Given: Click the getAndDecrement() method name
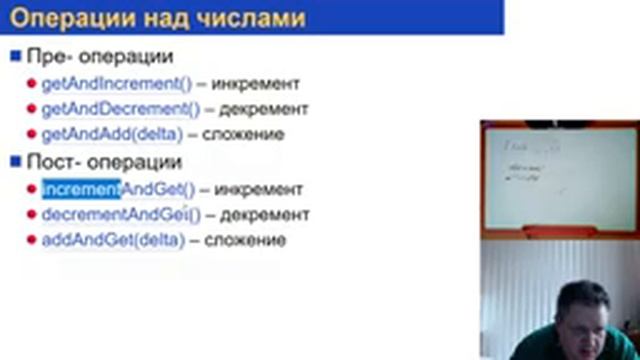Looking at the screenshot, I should point(120,109).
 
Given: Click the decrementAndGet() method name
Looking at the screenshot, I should point(120,214).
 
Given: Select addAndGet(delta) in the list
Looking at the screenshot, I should point(113,240).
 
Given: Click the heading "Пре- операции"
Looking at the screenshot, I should point(100,56).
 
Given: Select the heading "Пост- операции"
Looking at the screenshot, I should point(104,161).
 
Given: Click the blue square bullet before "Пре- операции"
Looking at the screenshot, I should point(15,55).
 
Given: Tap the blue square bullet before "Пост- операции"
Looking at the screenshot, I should point(15,160).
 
